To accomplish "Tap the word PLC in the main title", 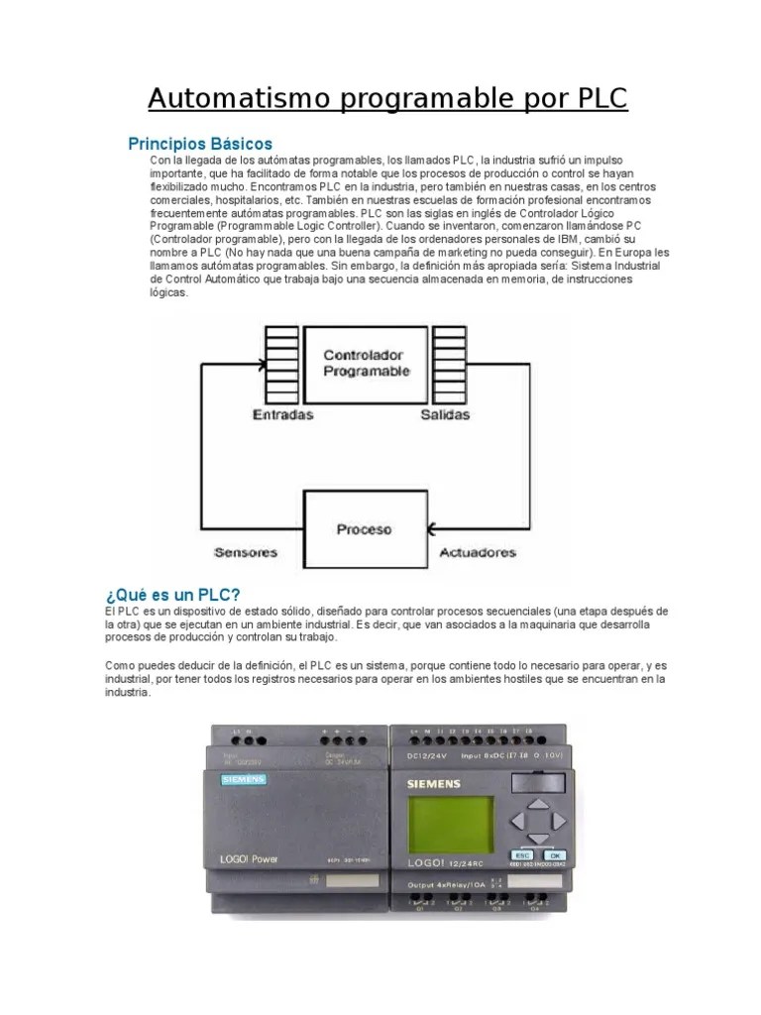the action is (598, 99).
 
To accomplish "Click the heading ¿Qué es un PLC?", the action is (172, 595).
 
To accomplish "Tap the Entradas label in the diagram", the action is (282, 414).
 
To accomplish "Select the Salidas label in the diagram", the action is (445, 414).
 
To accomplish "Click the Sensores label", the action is (245, 552).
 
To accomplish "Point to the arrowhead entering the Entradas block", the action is (260, 364).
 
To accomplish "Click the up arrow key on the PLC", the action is (536, 806).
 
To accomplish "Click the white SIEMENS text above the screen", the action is (433, 785).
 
